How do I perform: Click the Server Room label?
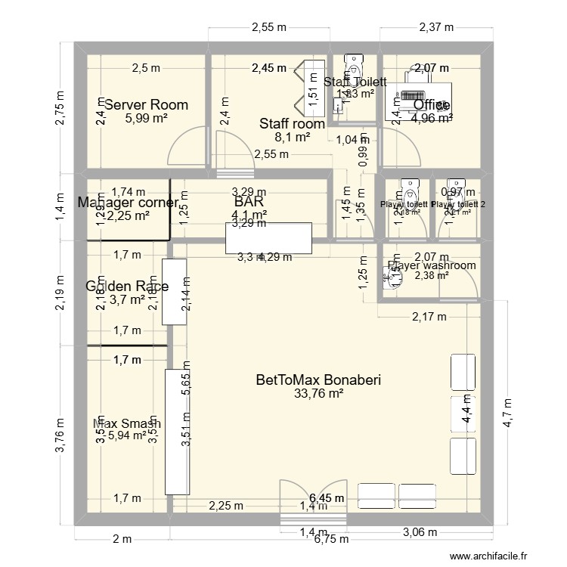146,105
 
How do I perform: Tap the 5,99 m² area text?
146,118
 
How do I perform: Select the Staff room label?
292,124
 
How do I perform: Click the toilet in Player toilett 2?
456,188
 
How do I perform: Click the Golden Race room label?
127,287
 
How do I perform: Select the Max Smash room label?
127,424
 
